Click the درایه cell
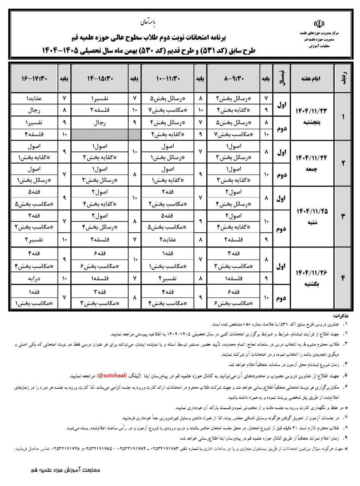(x=34, y=278)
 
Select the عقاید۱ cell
(x=34, y=98)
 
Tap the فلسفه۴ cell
(x=34, y=134)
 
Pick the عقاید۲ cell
(x=167, y=240)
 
